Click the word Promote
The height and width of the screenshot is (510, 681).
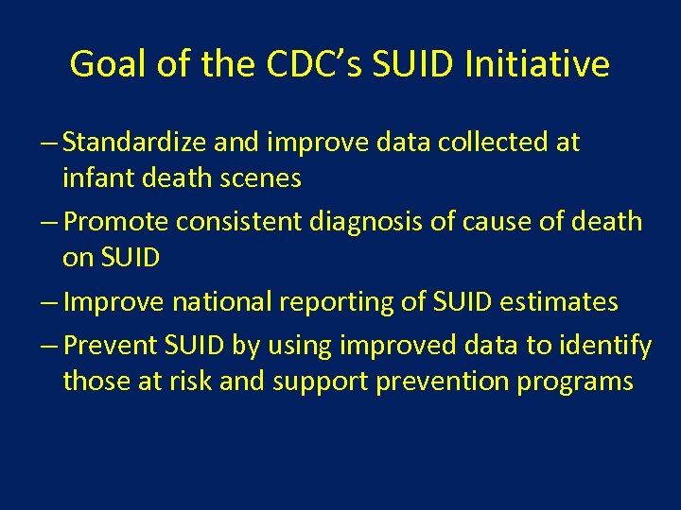[118, 223]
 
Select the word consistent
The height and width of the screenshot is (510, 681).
[248, 223]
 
